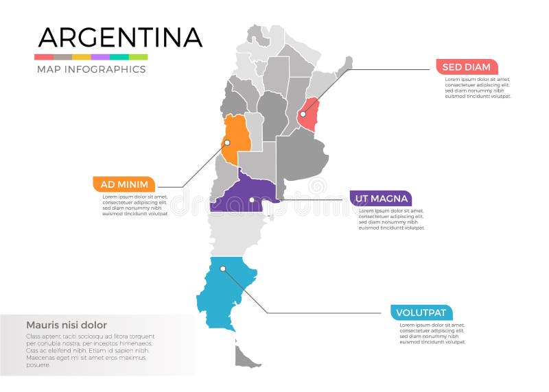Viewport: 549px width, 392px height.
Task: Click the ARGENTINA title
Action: coord(120,37)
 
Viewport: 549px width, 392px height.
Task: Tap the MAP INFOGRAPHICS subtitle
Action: coord(91,69)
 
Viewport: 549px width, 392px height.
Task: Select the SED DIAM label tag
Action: coord(467,67)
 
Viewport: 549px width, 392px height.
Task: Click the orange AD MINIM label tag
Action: coord(124,184)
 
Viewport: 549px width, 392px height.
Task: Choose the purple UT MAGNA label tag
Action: coord(381,199)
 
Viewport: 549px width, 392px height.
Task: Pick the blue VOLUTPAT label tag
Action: coord(422,313)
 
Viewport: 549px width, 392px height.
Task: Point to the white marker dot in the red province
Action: coord(303,114)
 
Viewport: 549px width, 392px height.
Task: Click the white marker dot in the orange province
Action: coord(227,143)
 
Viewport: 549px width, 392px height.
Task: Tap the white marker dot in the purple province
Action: coord(252,200)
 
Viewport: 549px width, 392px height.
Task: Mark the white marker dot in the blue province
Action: coord(222,269)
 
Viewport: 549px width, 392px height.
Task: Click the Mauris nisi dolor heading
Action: coord(67,325)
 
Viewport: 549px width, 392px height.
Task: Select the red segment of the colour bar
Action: coord(43,57)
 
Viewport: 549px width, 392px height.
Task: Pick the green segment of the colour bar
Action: coord(138,57)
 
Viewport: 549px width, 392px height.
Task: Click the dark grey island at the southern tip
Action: coord(247,356)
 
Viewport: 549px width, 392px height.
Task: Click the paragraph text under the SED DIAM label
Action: coord(478,88)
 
